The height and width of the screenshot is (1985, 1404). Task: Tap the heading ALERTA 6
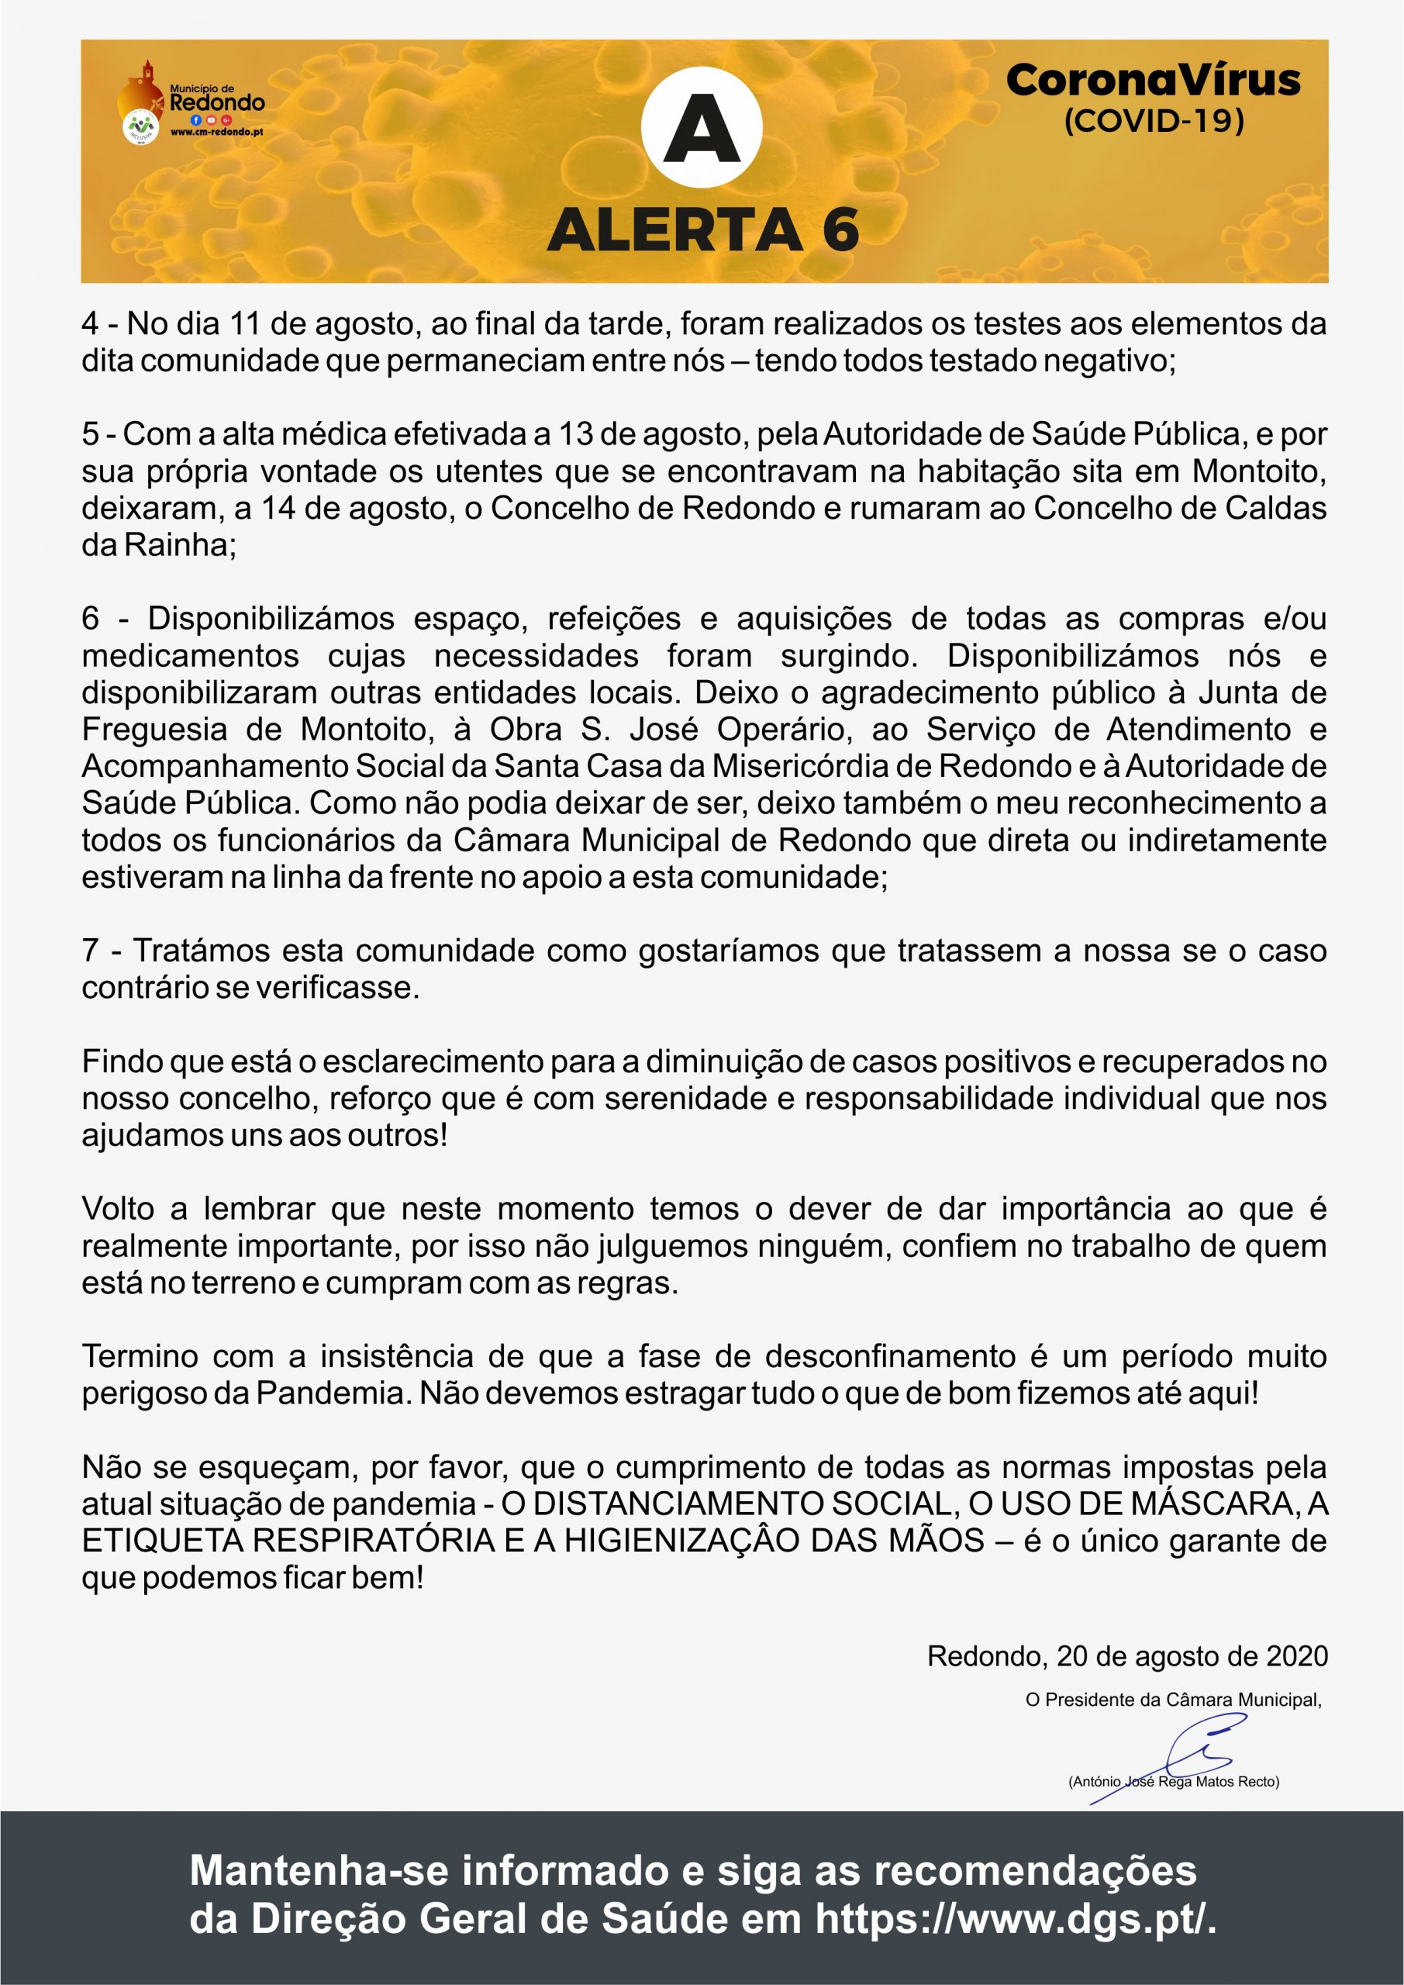coord(703,231)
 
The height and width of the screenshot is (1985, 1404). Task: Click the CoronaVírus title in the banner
coord(1154,81)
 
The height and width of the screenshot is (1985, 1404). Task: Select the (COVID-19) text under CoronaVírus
coord(1154,120)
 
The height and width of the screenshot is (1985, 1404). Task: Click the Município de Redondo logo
coord(192,102)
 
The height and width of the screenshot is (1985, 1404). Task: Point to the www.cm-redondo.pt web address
coord(217,133)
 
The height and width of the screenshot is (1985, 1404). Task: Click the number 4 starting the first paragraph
coord(90,324)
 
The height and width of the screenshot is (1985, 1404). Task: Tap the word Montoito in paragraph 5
coord(1259,471)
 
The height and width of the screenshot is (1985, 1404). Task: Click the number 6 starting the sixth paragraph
coord(90,619)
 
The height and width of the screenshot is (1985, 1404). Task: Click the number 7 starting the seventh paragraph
coord(90,951)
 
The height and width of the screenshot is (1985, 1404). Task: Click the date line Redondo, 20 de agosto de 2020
coord(1126,1655)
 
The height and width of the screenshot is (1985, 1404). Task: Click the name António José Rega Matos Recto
coord(1173,1781)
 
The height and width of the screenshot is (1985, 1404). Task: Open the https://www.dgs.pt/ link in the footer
coord(1015,1918)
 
